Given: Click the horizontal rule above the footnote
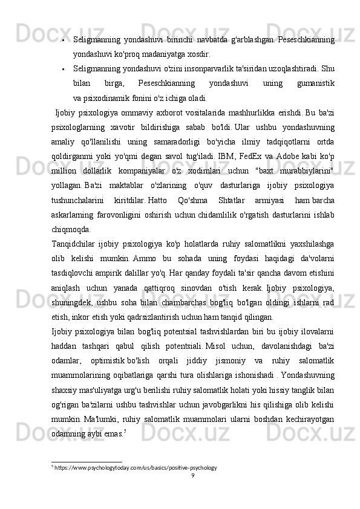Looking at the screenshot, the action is pyautogui.click(x=87, y=461).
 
